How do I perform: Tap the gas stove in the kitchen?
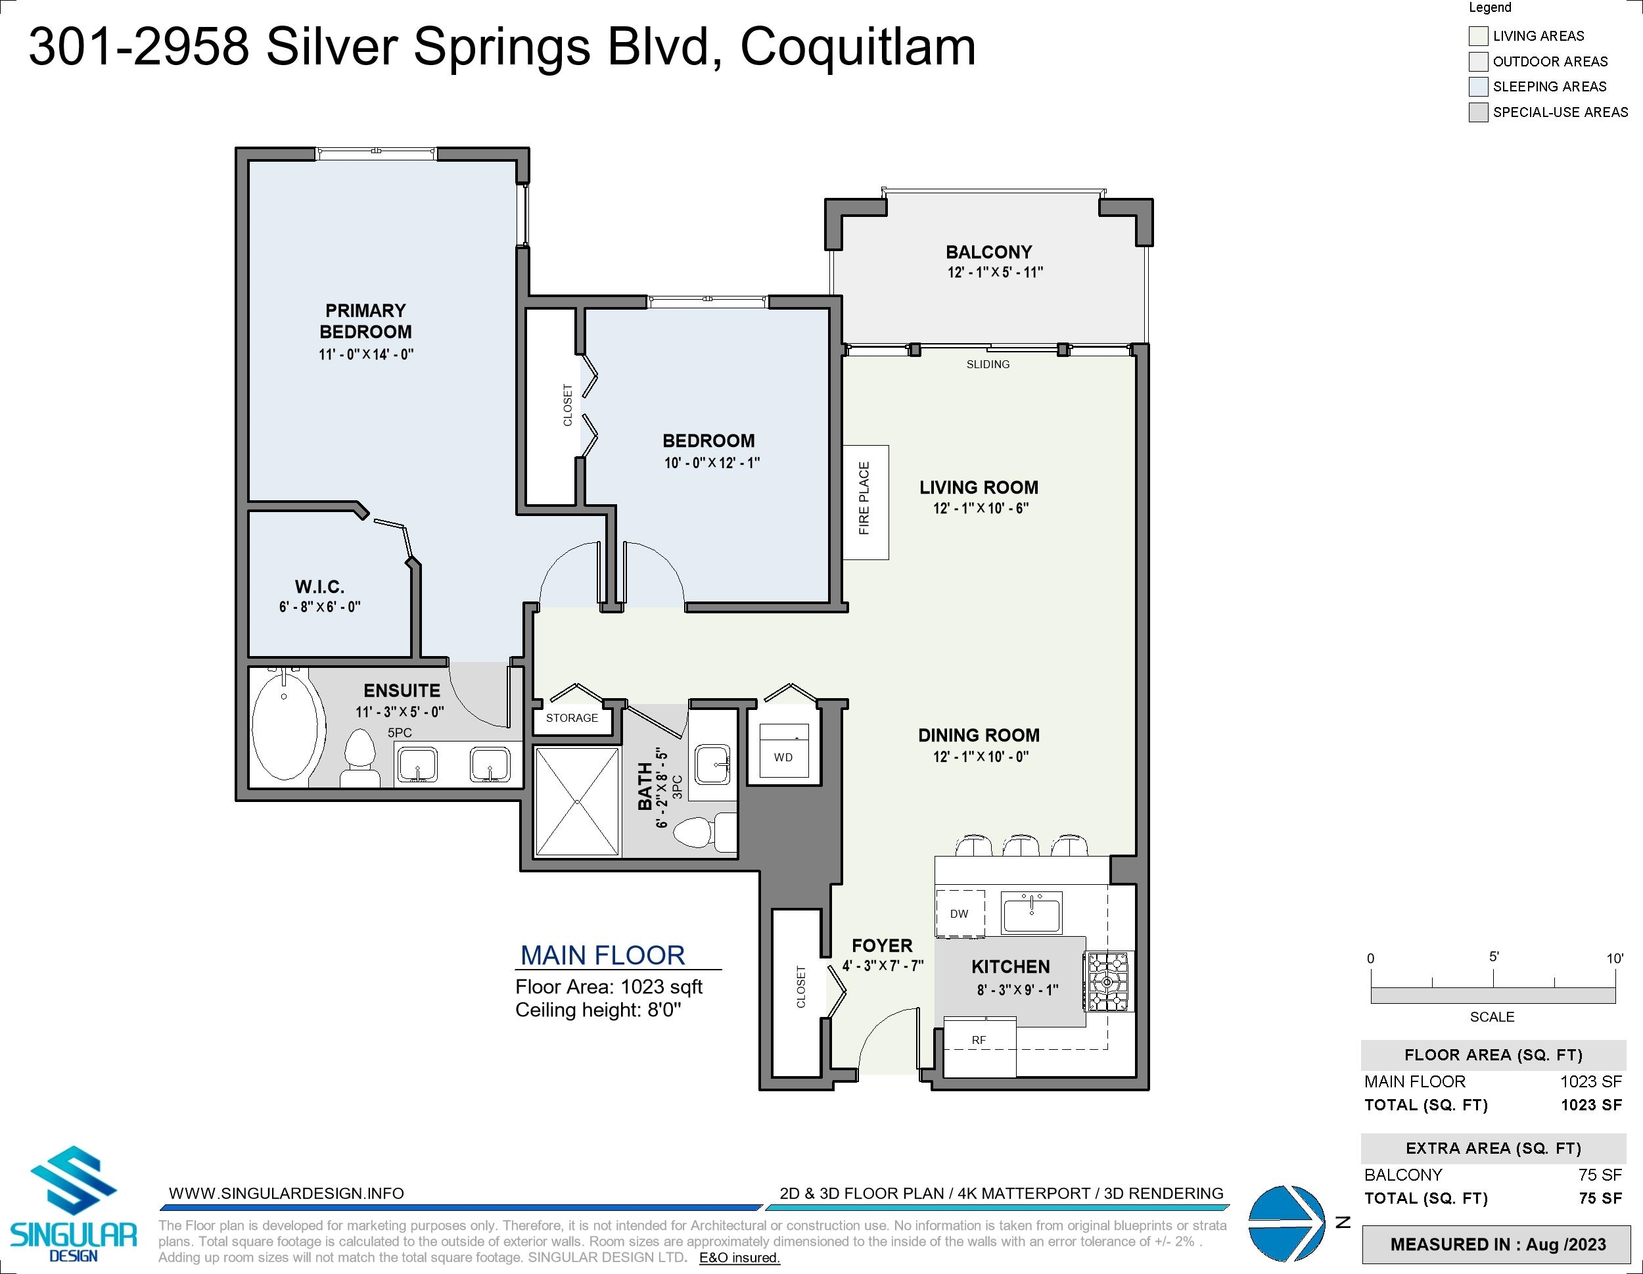(x=1108, y=981)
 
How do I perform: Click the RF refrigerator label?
(x=979, y=1040)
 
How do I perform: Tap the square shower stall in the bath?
(x=577, y=801)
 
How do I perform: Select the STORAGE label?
(x=572, y=718)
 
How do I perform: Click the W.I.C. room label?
(x=319, y=587)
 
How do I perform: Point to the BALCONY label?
(x=988, y=252)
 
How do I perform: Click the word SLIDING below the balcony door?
(x=988, y=364)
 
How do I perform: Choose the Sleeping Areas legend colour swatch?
(x=1478, y=87)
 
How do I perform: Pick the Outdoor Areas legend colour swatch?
(x=1478, y=61)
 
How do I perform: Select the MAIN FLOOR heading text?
(x=603, y=956)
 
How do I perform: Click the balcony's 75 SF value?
(x=1600, y=1175)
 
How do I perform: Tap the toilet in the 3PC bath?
(x=704, y=832)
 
